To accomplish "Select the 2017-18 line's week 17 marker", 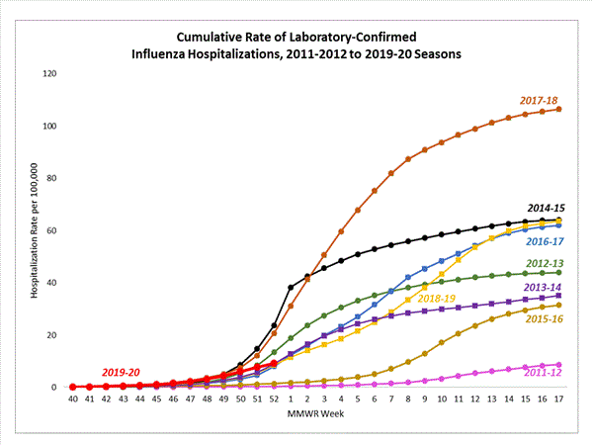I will (558, 109).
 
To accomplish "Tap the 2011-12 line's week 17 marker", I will (558, 365).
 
